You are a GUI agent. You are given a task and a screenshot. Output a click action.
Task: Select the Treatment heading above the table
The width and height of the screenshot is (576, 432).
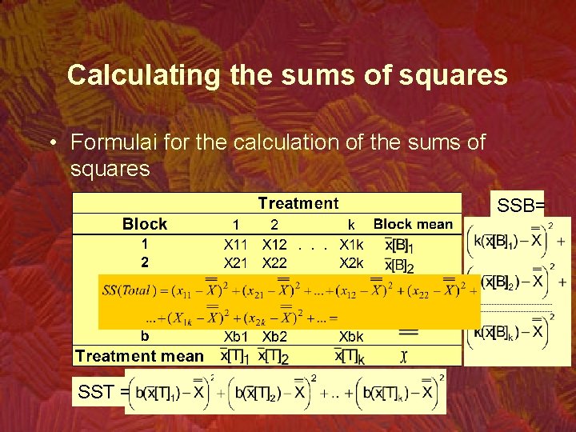click(x=298, y=204)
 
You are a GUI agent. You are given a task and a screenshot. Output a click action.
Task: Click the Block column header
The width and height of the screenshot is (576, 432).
click(x=145, y=224)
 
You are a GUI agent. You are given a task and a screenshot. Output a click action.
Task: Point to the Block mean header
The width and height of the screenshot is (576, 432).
click(x=413, y=224)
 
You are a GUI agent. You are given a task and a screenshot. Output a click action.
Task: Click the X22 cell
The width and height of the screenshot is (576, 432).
click(x=274, y=262)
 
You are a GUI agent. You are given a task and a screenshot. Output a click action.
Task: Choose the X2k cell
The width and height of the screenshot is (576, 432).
click(x=351, y=262)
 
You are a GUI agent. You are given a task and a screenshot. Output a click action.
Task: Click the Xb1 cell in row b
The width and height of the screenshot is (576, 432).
click(x=238, y=337)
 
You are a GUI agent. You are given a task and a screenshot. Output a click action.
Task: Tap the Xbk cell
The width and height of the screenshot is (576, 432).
click(x=351, y=337)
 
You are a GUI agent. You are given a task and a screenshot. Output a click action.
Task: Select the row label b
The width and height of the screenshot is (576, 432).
click(x=145, y=336)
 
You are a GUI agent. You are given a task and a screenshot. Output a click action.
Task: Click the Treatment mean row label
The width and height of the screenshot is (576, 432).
click(x=139, y=356)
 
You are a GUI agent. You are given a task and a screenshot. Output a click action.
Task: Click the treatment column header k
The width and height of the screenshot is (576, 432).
click(x=351, y=226)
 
